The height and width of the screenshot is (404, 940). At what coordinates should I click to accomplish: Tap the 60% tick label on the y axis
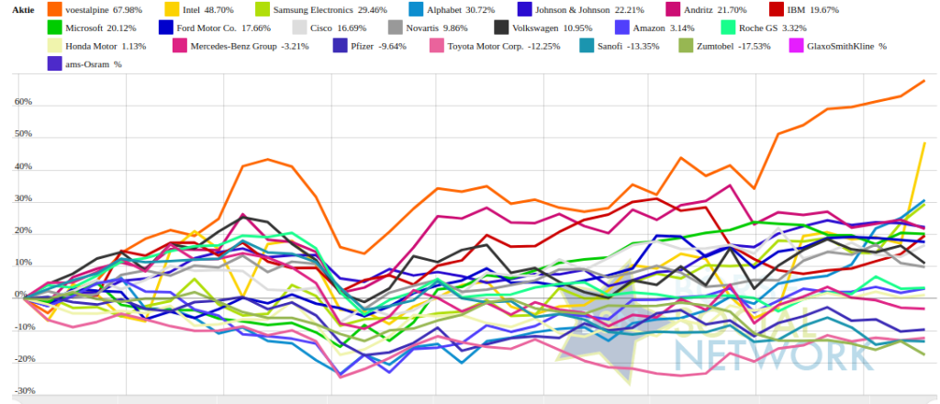tap(23, 103)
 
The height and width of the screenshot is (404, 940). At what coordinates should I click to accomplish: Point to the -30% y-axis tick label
tap(23, 391)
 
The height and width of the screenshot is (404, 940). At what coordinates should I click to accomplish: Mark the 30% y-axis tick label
tap(23, 199)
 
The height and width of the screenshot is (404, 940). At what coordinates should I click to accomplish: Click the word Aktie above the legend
tap(17, 10)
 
